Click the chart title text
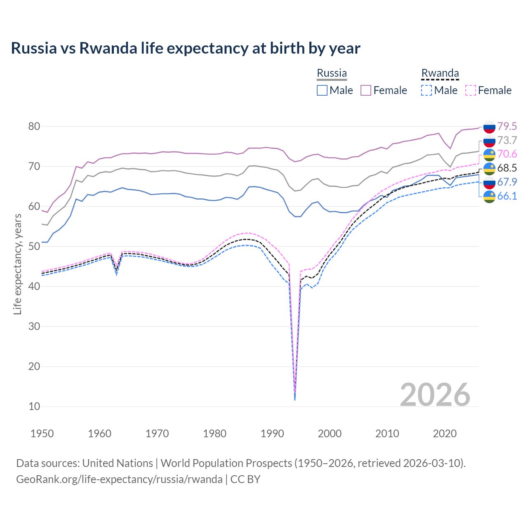click(x=186, y=48)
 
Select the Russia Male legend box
click(x=322, y=90)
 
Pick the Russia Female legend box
click(x=366, y=90)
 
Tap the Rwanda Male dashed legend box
click(x=427, y=90)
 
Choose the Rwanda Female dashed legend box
click(x=471, y=90)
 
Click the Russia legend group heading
click(x=332, y=73)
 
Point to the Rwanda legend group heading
click(x=440, y=73)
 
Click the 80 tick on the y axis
click(x=34, y=126)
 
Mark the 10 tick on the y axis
click(x=34, y=406)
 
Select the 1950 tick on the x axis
click(x=42, y=434)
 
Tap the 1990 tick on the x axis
click(x=272, y=434)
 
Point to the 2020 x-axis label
click(x=445, y=434)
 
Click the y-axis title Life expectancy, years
click(x=17, y=264)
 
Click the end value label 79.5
click(x=507, y=126)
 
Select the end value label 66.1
click(x=507, y=196)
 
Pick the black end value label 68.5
click(x=507, y=168)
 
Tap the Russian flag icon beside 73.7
click(x=489, y=141)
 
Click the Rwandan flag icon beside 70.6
click(x=489, y=154)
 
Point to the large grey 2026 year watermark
click(x=435, y=395)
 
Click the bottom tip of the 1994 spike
click(x=295, y=400)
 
